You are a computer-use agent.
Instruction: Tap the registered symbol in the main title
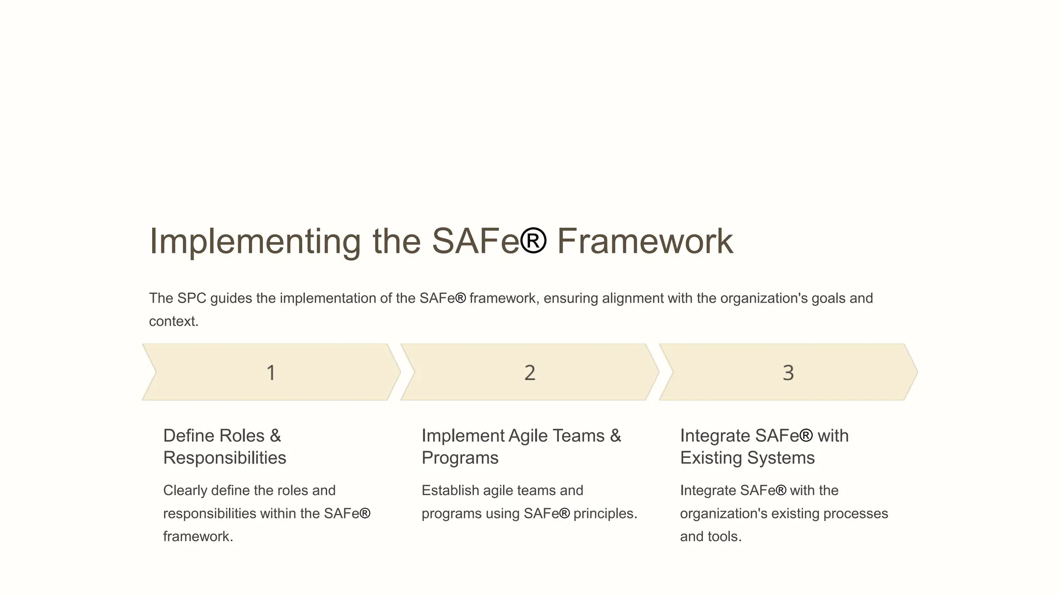pyautogui.click(x=533, y=241)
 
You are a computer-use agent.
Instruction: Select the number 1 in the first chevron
pyautogui.click(x=271, y=373)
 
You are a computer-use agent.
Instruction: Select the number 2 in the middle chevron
pyautogui.click(x=529, y=373)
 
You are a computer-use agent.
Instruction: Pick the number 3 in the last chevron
pyautogui.click(x=788, y=373)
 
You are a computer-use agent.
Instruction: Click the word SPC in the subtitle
pyautogui.click(x=192, y=299)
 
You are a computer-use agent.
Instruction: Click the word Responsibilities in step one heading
pyautogui.click(x=225, y=458)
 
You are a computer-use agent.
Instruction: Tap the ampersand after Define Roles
pyautogui.click(x=275, y=436)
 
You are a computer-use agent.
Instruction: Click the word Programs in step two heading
pyautogui.click(x=460, y=458)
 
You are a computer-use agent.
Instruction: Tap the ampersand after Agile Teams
pyautogui.click(x=615, y=436)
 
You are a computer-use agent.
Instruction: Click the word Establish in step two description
pyautogui.click(x=450, y=490)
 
